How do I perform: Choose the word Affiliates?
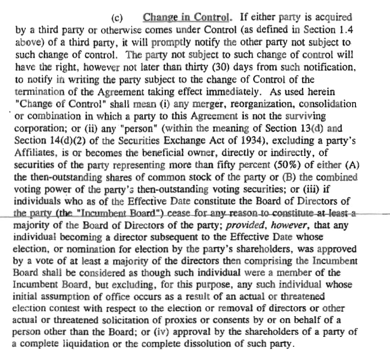(38, 153)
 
